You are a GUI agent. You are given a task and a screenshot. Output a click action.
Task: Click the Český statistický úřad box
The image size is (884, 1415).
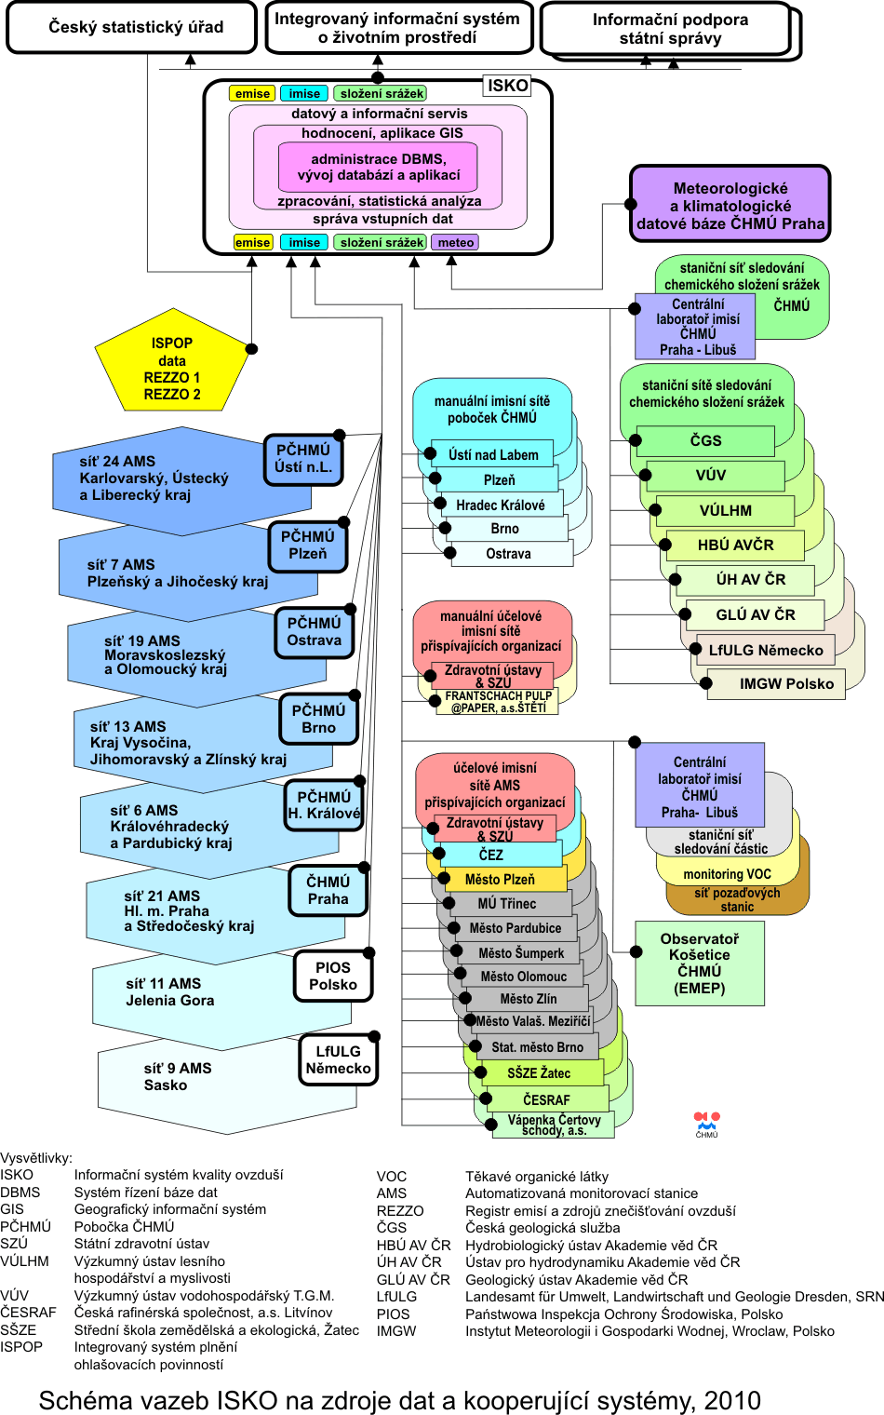(x=131, y=27)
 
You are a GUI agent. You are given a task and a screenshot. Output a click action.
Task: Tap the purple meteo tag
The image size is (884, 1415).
(x=456, y=242)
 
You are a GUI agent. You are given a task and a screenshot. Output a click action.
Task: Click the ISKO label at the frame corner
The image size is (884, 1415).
(x=507, y=86)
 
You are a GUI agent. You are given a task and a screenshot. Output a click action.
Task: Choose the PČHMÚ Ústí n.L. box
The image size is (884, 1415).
(x=303, y=459)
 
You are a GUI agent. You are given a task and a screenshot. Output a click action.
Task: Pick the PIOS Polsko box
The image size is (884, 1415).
(x=333, y=976)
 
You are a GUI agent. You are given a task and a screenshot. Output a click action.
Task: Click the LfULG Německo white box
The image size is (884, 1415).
(x=338, y=1059)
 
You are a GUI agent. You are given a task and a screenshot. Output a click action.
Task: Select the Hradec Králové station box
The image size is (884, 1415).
(x=501, y=505)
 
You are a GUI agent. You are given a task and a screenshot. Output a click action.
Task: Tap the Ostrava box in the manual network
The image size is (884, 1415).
(x=509, y=553)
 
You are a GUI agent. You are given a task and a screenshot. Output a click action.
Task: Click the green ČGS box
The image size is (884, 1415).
(x=705, y=440)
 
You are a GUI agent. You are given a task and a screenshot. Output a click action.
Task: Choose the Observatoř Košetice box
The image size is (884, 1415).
(x=700, y=964)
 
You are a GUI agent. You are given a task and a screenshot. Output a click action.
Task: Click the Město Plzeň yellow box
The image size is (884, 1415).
(x=501, y=879)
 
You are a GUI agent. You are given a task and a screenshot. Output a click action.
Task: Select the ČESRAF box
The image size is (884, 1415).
(x=546, y=1099)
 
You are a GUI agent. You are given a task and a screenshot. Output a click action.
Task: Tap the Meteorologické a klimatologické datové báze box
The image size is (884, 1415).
(x=730, y=205)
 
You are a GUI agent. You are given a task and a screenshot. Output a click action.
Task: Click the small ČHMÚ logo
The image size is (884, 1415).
(x=706, y=1124)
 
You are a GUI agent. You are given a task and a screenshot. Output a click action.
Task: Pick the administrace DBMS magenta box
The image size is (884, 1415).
(x=378, y=167)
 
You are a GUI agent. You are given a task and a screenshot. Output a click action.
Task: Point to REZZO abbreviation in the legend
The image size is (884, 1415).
(x=400, y=1210)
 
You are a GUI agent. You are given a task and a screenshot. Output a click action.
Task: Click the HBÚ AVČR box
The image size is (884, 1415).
(x=735, y=545)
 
